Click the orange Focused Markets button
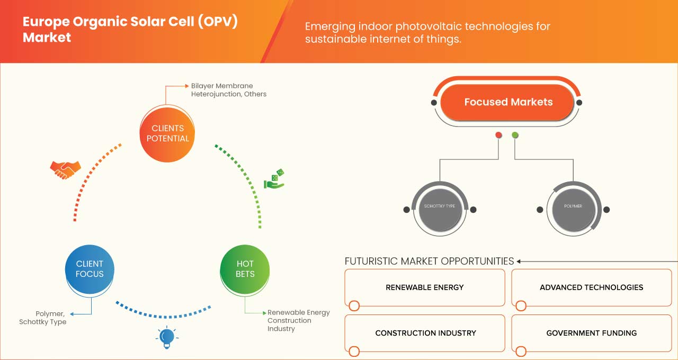point(507,102)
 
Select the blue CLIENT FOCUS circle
point(90,269)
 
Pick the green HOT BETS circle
point(245,269)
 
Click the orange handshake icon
point(65,169)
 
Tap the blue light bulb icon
point(167,337)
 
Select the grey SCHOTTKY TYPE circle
point(440,206)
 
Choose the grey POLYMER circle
point(573,206)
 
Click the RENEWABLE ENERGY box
point(424,287)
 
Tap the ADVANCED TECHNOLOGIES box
point(591,287)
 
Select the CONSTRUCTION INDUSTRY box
point(424,333)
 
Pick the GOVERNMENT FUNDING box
point(591,333)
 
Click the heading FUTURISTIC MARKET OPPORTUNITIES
point(429,261)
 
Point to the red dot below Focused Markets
point(498,136)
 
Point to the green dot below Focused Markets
point(515,136)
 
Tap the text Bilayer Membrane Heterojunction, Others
point(229,90)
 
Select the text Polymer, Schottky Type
point(43,318)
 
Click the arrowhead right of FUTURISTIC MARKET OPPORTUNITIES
point(519,261)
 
